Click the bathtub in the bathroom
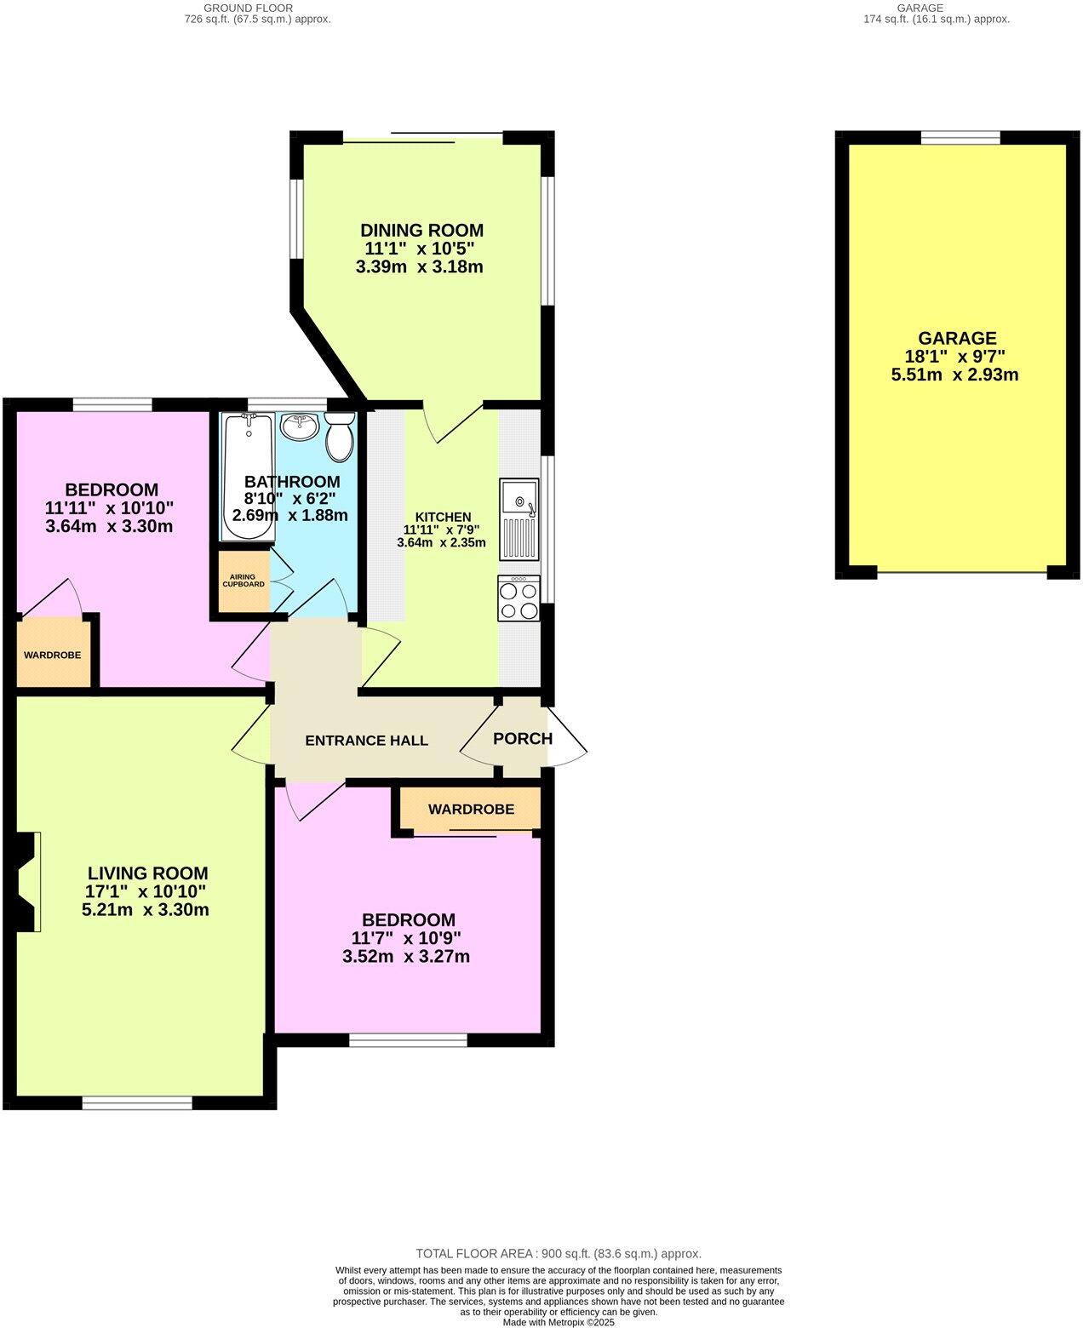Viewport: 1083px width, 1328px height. point(248,477)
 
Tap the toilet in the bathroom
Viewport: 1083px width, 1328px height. point(340,436)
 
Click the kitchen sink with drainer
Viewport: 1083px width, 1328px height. point(519,518)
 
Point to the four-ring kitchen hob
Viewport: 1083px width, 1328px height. point(519,599)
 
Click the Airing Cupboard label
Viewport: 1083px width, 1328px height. point(244,581)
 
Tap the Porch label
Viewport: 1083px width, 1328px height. point(523,739)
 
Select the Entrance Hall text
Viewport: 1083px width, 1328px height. point(366,741)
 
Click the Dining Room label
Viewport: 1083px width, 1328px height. point(421,230)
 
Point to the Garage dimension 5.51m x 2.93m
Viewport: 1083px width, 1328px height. point(954,375)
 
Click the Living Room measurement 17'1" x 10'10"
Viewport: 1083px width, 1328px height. point(146,891)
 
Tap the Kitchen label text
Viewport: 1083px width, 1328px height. point(443,517)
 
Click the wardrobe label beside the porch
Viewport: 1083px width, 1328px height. point(471,809)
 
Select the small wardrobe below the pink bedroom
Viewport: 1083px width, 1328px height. point(53,655)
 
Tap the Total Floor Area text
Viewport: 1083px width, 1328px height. point(558,1253)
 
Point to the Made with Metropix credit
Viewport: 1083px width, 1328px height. point(558,1322)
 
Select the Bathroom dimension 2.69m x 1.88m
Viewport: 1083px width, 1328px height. point(289,515)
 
